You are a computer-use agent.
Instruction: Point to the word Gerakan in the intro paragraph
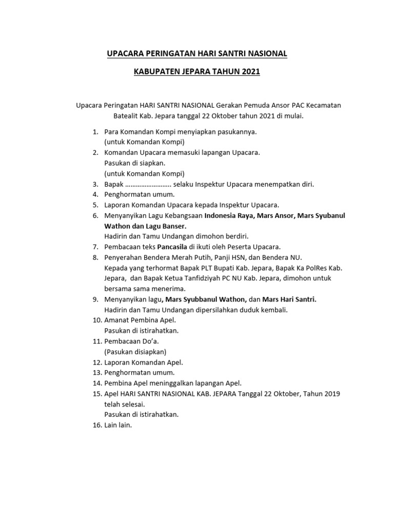(x=231, y=105)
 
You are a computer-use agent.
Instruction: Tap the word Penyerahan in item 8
(x=122, y=257)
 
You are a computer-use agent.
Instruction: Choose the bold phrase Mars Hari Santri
(x=289, y=299)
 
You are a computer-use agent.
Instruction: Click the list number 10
(x=97, y=320)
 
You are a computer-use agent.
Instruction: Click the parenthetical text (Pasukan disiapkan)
(x=135, y=352)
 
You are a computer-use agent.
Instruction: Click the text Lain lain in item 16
(x=118, y=425)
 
